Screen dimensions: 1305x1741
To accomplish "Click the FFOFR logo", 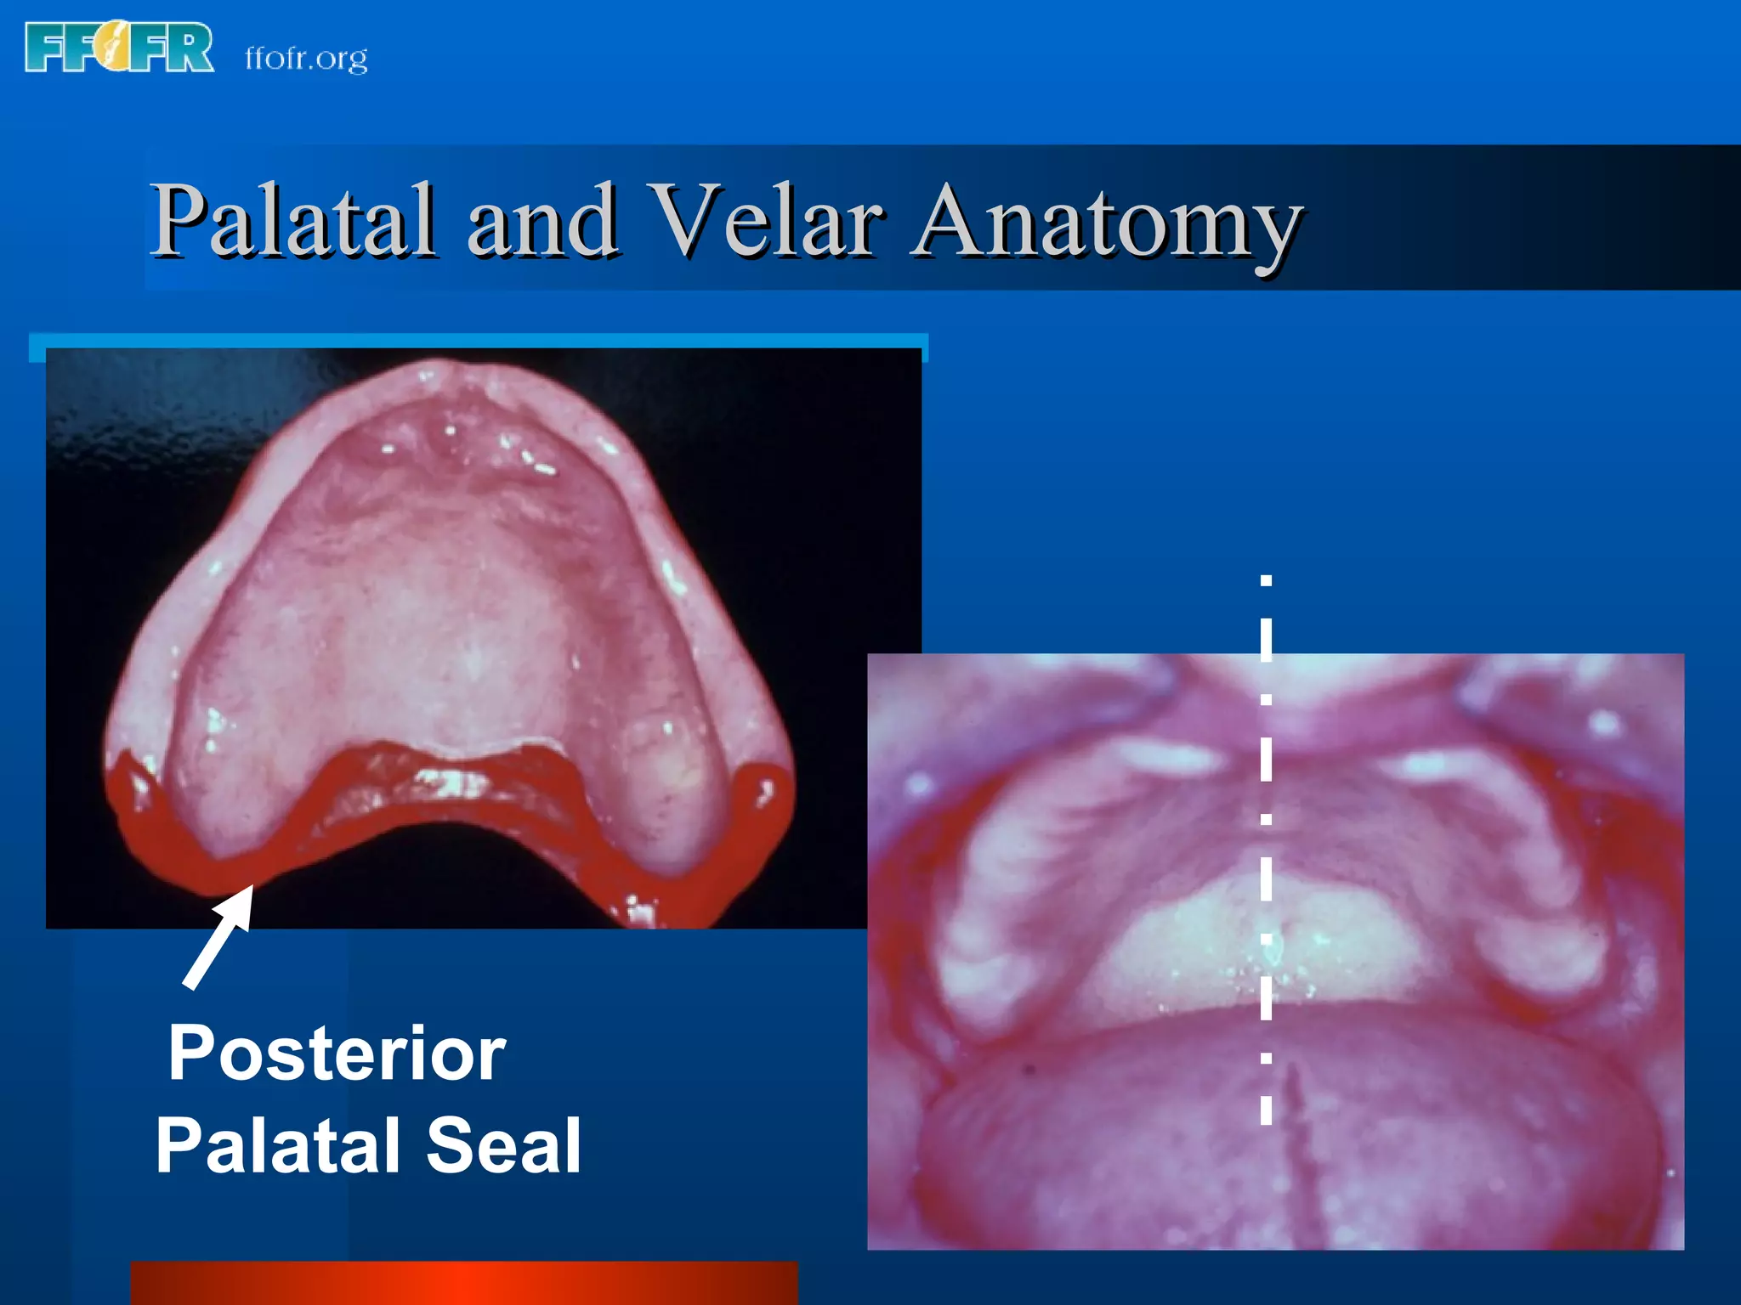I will (119, 48).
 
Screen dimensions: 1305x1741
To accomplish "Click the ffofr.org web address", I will (306, 58).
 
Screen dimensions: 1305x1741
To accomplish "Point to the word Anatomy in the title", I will (1105, 223).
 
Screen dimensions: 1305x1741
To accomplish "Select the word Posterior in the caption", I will (337, 1054).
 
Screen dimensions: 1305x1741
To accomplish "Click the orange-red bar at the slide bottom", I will (463, 1283).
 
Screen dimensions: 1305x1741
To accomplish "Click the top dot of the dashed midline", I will (1266, 581).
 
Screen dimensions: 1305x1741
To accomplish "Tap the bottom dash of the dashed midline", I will (1266, 1110).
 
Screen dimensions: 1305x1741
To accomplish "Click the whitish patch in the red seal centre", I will (451, 782).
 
